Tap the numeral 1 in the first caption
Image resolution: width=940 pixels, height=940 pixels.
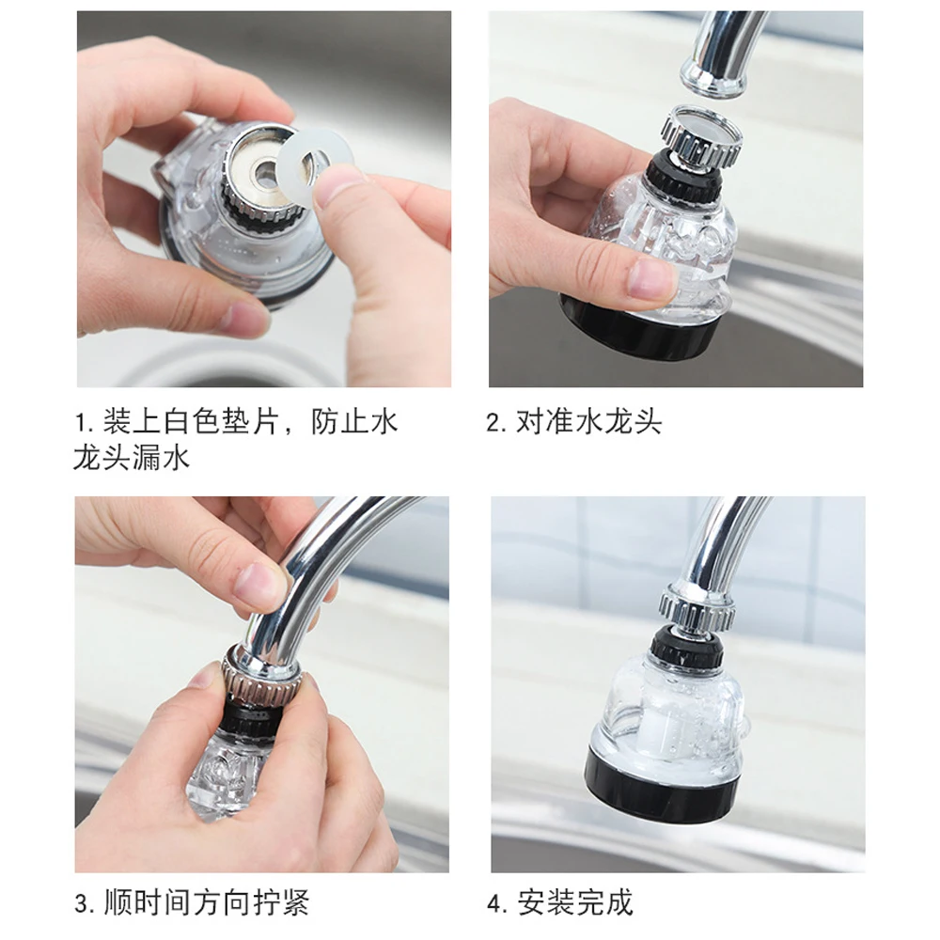80,423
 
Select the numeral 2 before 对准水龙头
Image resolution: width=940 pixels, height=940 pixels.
494,423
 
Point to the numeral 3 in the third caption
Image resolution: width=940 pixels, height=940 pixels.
83,903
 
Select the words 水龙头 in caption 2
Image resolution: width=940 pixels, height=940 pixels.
619,422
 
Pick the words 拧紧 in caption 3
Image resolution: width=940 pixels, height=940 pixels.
280,902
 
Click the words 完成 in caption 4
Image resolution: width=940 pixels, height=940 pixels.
603,902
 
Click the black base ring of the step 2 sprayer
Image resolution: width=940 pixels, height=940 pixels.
638,333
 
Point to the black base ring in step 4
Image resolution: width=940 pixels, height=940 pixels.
662,791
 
